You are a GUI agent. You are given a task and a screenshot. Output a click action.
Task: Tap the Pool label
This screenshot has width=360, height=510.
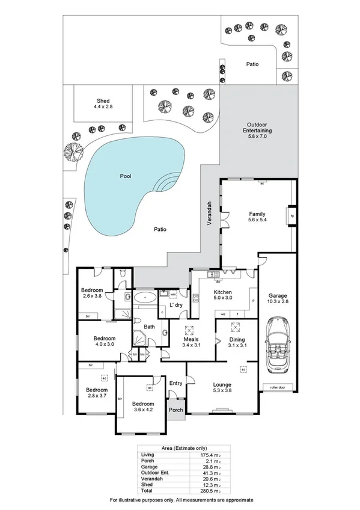(125, 176)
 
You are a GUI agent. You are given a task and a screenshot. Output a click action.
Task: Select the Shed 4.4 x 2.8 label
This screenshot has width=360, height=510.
(103, 103)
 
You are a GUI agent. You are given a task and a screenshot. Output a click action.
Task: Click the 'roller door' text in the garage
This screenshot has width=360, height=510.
(277, 388)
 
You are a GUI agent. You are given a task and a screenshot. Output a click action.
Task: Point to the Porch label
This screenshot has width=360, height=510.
(176, 411)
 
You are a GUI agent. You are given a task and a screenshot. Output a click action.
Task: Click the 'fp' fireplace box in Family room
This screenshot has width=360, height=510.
(292, 215)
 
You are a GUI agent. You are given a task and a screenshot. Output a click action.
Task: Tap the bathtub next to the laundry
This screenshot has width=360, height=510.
(144, 297)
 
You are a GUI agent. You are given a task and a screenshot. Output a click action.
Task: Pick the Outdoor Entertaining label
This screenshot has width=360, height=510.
(257, 130)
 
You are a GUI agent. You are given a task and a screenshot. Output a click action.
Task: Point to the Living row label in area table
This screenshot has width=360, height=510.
(147, 455)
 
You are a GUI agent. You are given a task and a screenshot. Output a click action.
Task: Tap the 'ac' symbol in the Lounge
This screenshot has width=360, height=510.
(243, 369)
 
